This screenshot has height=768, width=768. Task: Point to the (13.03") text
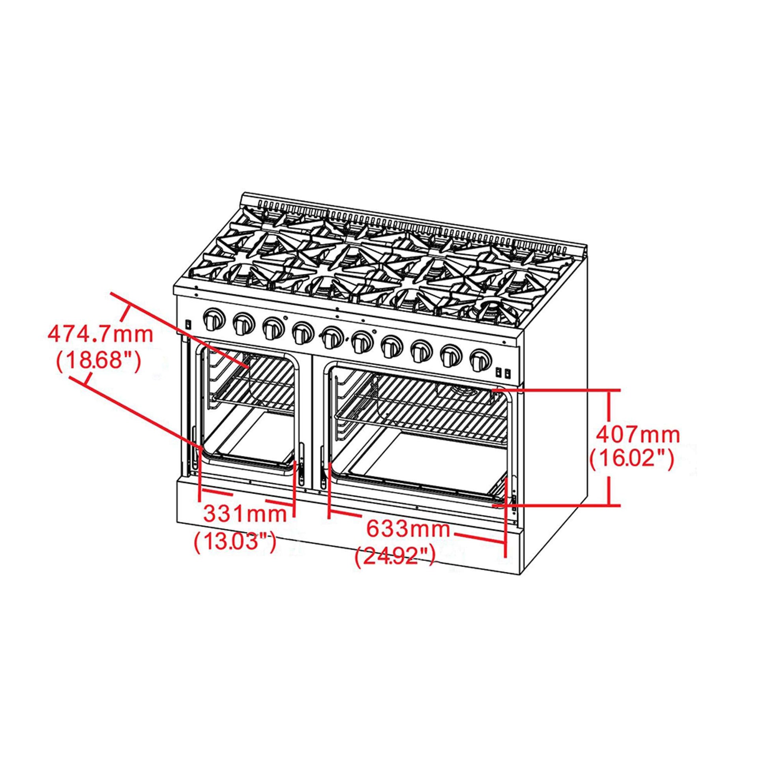click(x=234, y=542)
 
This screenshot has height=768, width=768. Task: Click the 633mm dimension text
click(x=408, y=530)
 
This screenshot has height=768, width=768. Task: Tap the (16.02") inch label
click(x=631, y=460)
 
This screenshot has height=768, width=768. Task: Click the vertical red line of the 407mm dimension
click(x=608, y=448)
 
